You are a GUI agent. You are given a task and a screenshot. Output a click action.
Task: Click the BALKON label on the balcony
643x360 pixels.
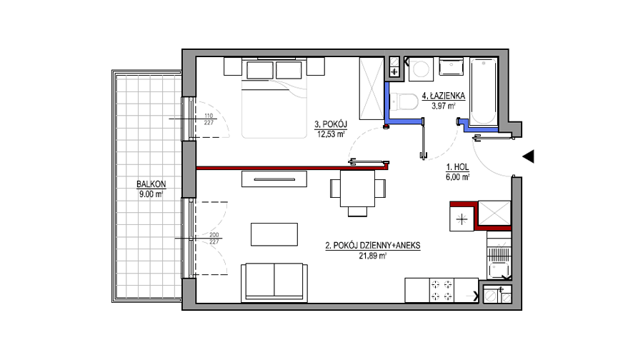[151, 184]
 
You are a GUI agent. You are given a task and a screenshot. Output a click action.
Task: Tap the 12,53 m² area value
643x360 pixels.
[331, 134]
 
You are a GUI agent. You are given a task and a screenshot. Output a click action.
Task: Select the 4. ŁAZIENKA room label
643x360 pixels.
[443, 96]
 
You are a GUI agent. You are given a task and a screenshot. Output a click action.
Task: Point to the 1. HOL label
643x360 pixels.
[457, 167]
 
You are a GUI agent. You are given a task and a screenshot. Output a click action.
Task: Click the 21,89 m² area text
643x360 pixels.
[373, 256]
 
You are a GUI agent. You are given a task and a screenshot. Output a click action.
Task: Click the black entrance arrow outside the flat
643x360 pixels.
[528, 156]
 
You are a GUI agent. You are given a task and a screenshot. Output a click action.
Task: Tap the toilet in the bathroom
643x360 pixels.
[403, 101]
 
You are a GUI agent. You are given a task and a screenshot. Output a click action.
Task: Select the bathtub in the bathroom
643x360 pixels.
[484, 91]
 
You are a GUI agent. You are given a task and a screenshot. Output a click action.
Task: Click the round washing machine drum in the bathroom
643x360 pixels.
[420, 69]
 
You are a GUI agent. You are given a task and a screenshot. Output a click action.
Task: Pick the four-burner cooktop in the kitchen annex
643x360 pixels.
[442, 290]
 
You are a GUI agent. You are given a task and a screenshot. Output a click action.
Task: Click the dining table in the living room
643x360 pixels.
[357, 188]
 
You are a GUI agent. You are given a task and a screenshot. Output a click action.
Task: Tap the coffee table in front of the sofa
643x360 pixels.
[274, 234]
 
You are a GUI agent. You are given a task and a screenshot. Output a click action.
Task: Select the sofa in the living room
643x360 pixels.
[274, 283]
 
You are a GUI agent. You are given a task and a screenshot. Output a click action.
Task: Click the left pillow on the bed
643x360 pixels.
[260, 70]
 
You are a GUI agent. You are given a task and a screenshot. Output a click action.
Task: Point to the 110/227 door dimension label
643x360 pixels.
[209, 119]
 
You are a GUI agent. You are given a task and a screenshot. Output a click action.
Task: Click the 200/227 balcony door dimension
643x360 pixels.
[214, 239]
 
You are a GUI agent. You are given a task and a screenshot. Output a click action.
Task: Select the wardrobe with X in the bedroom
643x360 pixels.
[372, 89]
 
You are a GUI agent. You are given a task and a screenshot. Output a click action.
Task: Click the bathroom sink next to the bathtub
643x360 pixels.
[452, 66]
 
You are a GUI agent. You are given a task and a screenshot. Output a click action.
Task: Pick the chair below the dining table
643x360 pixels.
[358, 211]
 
